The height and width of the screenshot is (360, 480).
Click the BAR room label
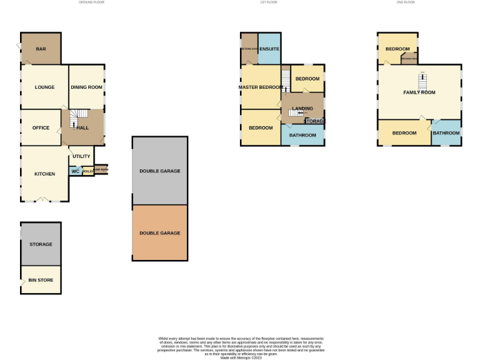tap(41, 49)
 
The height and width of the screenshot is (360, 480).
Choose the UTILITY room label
tap(81, 156)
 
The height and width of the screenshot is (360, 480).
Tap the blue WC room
tap(74, 171)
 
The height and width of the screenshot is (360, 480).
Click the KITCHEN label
tap(44, 174)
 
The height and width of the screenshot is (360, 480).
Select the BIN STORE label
tap(41, 281)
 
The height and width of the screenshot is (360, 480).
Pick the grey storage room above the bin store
tap(41, 244)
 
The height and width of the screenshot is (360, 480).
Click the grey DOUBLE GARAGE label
tap(160, 171)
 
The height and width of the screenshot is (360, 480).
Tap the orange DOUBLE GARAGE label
tap(160, 232)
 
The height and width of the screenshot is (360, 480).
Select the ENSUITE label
tap(269, 49)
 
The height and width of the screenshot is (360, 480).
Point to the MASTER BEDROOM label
tap(261, 87)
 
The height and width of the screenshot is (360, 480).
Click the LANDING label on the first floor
tap(303, 108)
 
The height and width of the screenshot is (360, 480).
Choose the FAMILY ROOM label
tap(419, 92)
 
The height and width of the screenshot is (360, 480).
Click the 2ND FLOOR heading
tap(405, 2)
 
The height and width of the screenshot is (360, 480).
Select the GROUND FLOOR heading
tap(91, 2)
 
